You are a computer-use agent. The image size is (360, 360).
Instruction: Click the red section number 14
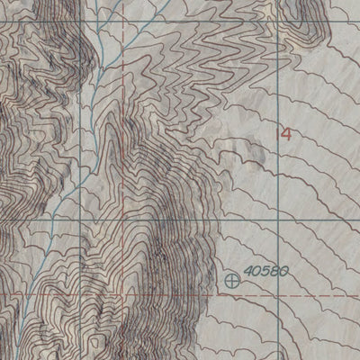tap(284, 135)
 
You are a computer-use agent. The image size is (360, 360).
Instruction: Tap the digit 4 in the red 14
tap(286, 135)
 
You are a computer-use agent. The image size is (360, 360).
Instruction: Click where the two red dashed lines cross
tap(121, 293)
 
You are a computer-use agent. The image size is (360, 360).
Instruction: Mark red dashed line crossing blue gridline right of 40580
tap(255, 293)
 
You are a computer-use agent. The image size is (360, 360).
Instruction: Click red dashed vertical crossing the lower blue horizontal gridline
tap(121, 217)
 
